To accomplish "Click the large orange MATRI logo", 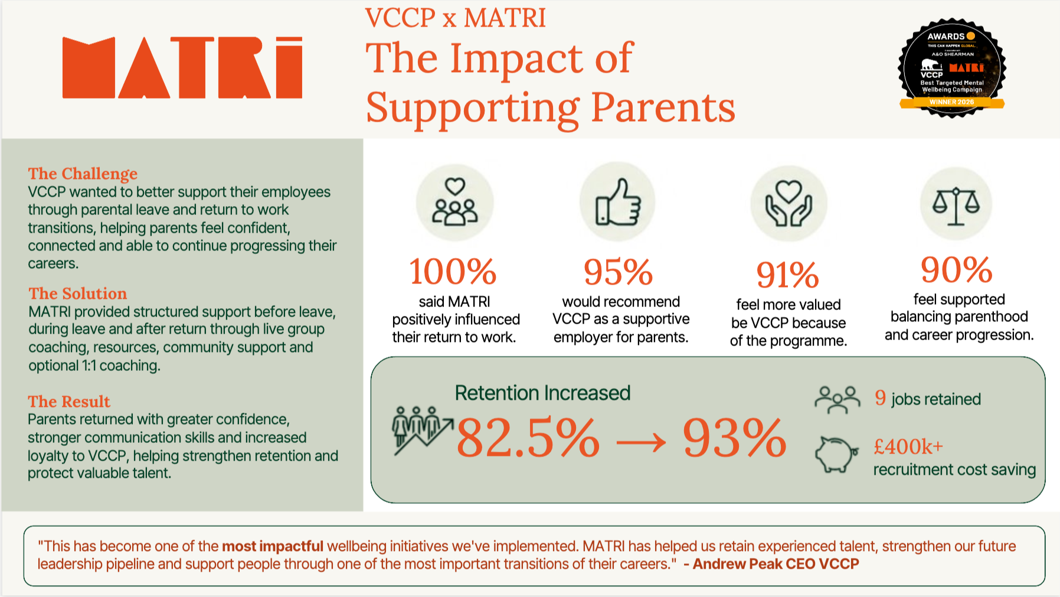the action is pyautogui.click(x=182, y=67).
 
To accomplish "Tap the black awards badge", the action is pyautogui.click(x=951, y=67).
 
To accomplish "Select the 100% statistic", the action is pyautogui.click(x=453, y=271).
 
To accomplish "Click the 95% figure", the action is pyautogui.click(x=618, y=272).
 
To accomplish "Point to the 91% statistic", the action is pyautogui.click(x=788, y=275).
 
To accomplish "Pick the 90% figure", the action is pyautogui.click(x=957, y=269).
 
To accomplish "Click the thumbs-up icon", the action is pyautogui.click(x=618, y=202).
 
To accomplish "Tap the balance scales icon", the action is pyautogui.click(x=956, y=205).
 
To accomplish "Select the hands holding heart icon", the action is pyautogui.click(x=789, y=204).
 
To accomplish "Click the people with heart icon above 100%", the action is pyautogui.click(x=454, y=202).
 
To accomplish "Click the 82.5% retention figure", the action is pyautogui.click(x=528, y=438).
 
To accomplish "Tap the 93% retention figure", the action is pyautogui.click(x=734, y=438).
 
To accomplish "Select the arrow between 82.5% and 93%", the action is pyautogui.click(x=641, y=441).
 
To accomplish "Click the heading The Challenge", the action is pyautogui.click(x=83, y=174).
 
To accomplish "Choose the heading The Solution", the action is pyautogui.click(x=78, y=293).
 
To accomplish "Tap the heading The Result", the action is pyautogui.click(x=69, y=402).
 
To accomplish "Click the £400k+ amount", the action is pyautogui.click(x=908, y=447).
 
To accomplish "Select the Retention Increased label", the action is pyautogui.click(x=542, y=393).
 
